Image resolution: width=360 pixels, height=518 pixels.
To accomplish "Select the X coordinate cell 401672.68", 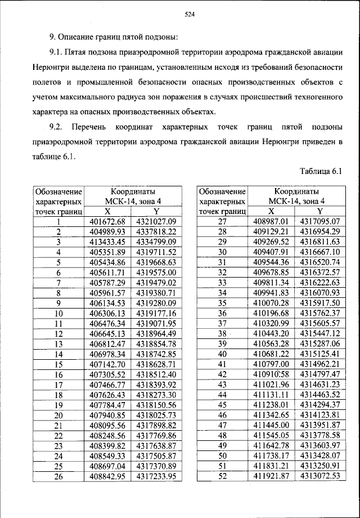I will pos(109,222).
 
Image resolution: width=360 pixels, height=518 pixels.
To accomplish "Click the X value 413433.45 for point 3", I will pos(109,242).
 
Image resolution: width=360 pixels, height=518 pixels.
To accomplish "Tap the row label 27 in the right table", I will pos(222,222).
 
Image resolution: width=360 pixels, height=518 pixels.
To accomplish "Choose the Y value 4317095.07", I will pos(321,222).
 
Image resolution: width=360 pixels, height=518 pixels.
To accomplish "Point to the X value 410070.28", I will pos(273,303).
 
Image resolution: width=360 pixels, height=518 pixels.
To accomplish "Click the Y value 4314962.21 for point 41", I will pos(321,364).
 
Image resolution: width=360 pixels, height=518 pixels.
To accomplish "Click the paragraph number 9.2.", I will pos(58,126).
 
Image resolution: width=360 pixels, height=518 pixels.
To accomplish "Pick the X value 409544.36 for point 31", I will pos(273,262).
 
